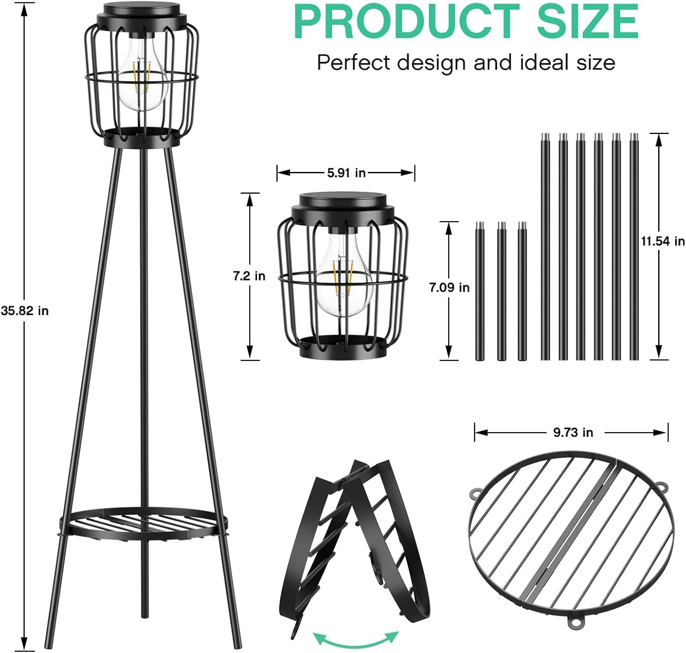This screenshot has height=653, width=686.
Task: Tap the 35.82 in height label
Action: click(x=25, y=310)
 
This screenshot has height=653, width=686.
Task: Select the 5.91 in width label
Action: click(x=346, y=173)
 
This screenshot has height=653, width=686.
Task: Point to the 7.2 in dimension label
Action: click(x=249, y=276)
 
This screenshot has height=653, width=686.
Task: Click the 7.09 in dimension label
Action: click(x=450, y=288)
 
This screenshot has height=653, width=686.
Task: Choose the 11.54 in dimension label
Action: click(x=663, y=241)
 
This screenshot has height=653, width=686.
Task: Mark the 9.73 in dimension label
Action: click(x=573, y=433)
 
